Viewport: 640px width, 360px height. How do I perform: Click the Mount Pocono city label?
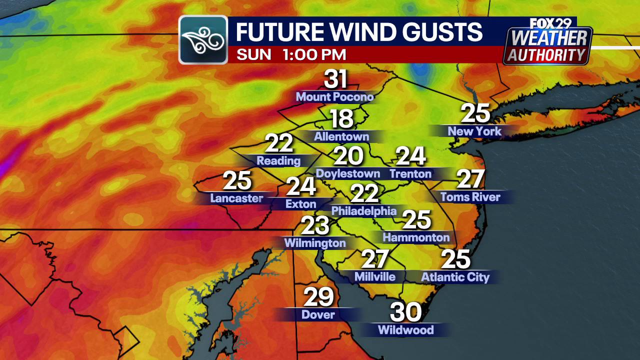[335, 96]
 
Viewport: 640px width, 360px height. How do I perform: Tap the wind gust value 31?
[335, 79]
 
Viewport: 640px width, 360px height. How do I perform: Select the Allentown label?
[341, 136]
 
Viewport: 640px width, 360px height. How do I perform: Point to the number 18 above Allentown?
[341, 119]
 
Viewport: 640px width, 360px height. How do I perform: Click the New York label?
[474, 131]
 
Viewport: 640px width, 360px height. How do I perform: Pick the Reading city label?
[278, 161]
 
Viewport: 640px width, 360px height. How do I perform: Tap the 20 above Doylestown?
[348, 156]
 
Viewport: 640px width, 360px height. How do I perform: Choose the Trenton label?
[410, 173]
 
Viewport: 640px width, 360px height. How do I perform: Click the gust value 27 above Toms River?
[470, 179]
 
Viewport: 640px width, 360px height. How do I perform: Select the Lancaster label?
[236, 198]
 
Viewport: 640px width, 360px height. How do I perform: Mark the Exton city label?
[300, 204]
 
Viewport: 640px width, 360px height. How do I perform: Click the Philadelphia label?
[363, 211]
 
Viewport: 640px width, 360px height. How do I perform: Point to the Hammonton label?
[416, 237]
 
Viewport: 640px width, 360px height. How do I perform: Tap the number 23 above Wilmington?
[315, 225]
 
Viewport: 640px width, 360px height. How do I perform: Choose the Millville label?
[374, 276]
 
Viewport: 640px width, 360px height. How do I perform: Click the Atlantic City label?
[455, 277]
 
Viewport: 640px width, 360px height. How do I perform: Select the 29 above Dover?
[318, 297]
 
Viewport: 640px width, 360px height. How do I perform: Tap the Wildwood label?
[405, 330]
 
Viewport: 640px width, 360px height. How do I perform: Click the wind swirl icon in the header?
[203, 40]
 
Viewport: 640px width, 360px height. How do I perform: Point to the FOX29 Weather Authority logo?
[547, 42]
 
